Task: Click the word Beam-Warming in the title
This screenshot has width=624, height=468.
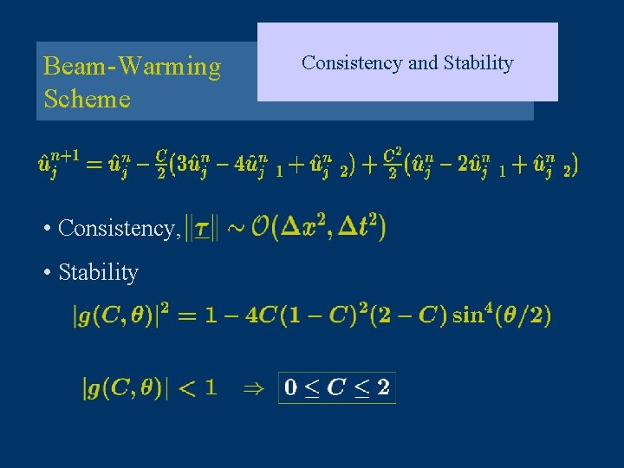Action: click(132, 67)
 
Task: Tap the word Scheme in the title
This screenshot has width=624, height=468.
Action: click(87, 99)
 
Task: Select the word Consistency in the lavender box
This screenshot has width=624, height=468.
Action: click(352, 63)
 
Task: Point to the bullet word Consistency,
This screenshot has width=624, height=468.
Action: click(120, 229)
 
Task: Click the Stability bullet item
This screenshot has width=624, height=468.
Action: click(98, 272)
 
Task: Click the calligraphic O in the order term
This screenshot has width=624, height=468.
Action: click(259, 228)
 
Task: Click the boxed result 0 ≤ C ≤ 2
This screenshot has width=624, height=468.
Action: click(337, 387)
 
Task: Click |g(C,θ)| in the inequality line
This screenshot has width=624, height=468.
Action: click(126, 387)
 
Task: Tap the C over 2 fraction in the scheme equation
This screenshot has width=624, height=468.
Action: click(161, 163)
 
